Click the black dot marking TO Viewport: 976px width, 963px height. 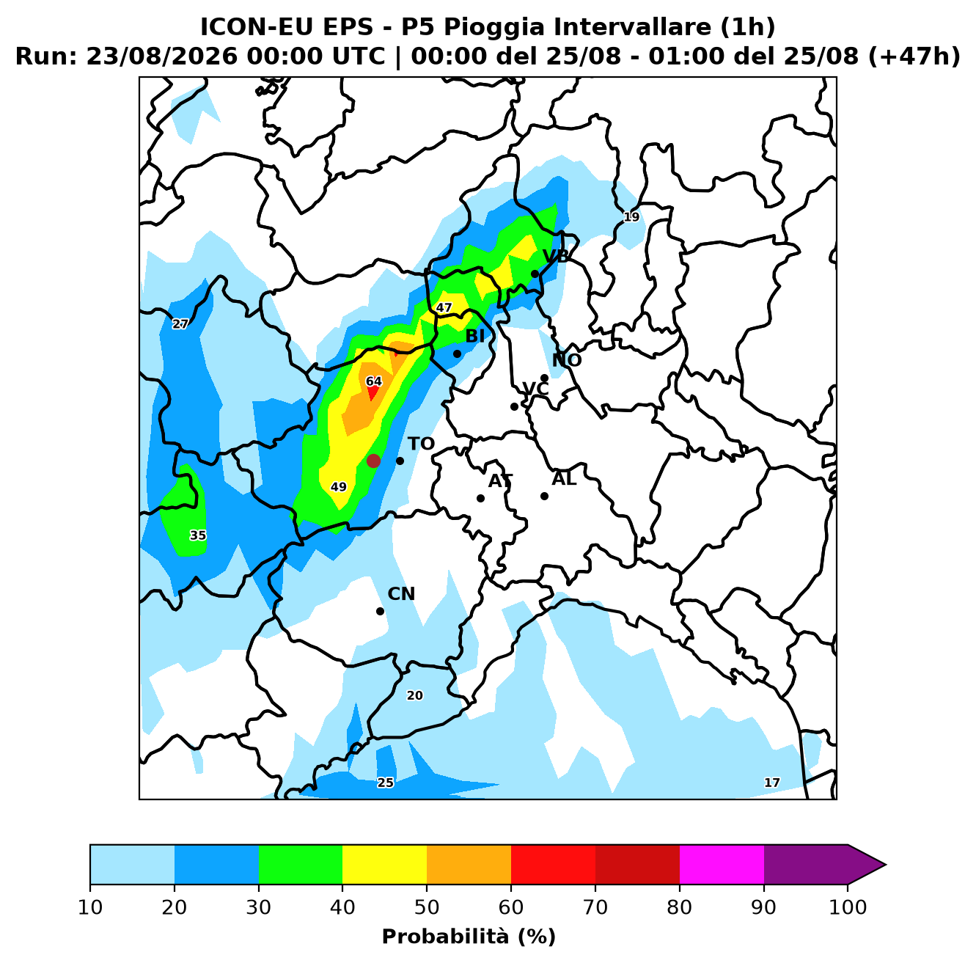400,461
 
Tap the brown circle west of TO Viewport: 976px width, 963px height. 373,461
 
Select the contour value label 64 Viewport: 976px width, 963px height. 374,381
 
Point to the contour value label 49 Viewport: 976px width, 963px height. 338,486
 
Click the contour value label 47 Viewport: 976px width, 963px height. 444,307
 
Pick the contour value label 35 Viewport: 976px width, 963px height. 198,535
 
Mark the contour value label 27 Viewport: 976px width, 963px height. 180,324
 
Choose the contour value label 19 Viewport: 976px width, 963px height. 631,217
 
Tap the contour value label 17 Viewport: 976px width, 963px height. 772,783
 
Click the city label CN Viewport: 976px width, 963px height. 401,593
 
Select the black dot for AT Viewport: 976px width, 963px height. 480,498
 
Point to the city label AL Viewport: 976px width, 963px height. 564,478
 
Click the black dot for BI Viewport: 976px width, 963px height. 457,354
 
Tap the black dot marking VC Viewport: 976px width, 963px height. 514,406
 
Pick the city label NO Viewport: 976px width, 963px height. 567,360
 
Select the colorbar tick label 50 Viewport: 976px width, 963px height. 427,907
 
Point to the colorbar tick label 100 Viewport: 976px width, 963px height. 848,907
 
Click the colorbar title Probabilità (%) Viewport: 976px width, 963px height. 469,937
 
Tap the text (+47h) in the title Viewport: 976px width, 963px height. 914,56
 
